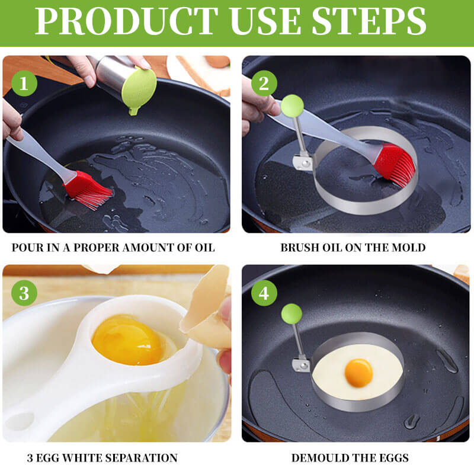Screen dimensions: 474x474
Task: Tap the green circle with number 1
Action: (24, 84)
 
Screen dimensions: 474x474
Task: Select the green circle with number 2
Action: (264, 84)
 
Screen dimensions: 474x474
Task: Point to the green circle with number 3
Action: (24, 293)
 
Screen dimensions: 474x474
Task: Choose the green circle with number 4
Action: (264, 293)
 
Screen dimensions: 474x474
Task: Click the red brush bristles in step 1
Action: (89, 189)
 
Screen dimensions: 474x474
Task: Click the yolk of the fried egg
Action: (358, 371)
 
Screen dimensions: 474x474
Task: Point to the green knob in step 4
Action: (291, 313)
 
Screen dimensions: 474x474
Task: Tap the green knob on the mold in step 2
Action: (292, 106)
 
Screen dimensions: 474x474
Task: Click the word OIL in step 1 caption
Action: (203, 248)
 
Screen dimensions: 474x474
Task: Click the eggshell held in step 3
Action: (207, 311)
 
